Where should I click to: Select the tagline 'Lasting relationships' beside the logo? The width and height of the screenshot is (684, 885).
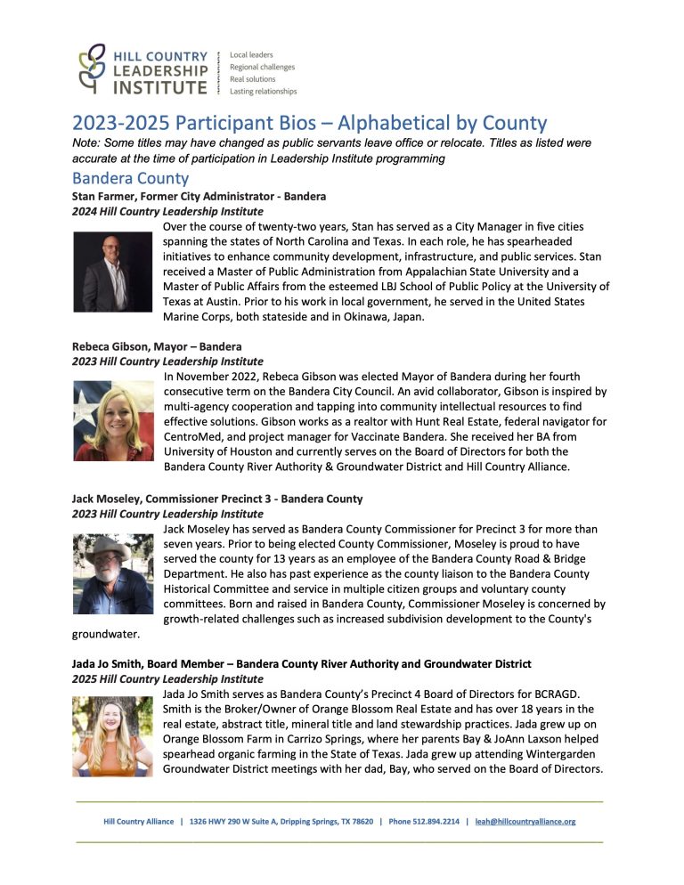coord(263,91)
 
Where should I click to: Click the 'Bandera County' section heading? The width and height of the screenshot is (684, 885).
coord(130,178)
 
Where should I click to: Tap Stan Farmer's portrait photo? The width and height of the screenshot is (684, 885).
coord(113,272)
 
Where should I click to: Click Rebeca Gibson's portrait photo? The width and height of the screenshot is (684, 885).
coord(113,420)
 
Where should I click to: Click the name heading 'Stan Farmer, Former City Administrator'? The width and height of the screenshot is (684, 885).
coord(199,196)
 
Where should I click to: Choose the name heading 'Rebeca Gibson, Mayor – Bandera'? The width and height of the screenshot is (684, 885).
coord(157,346)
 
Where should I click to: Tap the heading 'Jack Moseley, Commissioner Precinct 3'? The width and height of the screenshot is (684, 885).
coord(216,499)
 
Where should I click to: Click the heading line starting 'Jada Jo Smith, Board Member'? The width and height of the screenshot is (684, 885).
coord(301,663)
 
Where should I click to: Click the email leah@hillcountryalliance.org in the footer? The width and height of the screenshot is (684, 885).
coord(525,822)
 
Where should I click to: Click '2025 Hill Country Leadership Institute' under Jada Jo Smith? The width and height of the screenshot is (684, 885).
coord(167,679)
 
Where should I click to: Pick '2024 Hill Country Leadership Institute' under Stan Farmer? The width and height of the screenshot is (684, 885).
coord(167,212)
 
